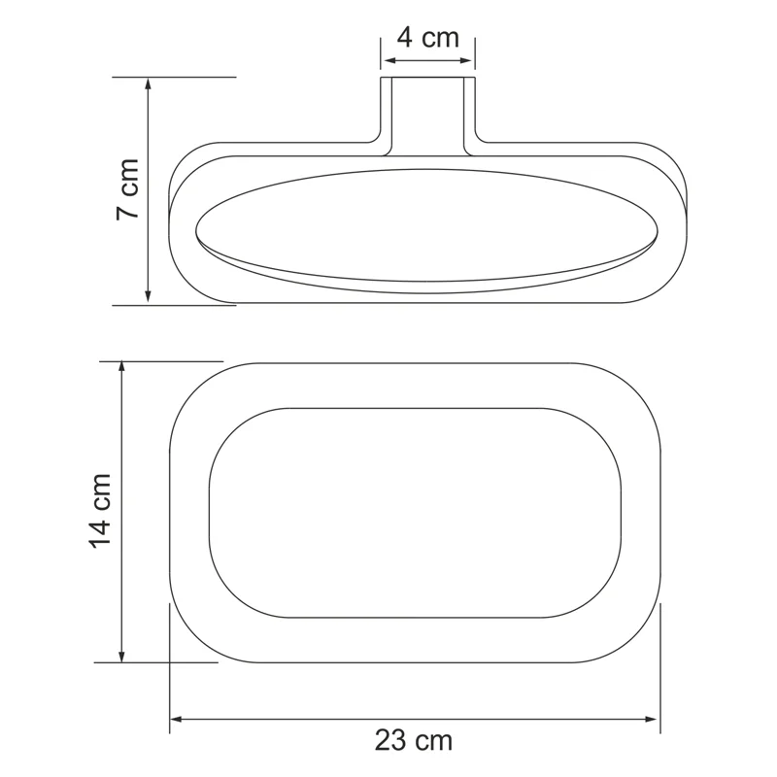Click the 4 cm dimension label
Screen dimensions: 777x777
[x=427, y=39]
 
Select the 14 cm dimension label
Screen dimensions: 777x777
[x=102, y=511]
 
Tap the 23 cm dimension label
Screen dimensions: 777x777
[x=414, y=741]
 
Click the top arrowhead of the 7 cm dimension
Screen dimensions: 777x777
[x=148, y=84]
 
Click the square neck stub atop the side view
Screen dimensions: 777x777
[x=426, y=112]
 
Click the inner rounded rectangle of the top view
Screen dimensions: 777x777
[x=415, y=512]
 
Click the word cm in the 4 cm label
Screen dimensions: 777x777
[x=441, y=39]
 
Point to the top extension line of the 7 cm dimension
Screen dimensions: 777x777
[x=175, y=76]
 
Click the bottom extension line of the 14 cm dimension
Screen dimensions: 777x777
[x=155, y=663]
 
